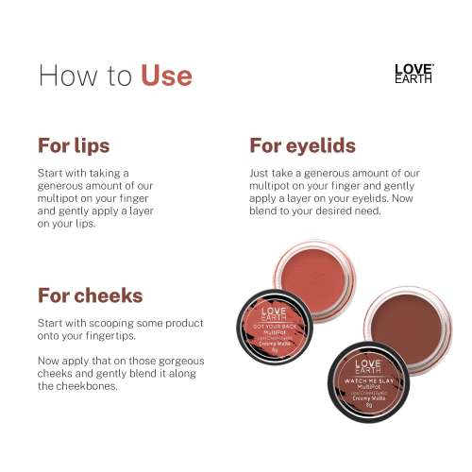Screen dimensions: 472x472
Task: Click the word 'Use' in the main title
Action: coord(166,75)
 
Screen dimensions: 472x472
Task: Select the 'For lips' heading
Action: coord(74,145)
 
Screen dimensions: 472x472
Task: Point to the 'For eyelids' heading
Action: coord(302,145)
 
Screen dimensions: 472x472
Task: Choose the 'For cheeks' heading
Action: coord(90,295)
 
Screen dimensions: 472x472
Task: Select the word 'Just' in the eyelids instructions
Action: coord(261,174)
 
